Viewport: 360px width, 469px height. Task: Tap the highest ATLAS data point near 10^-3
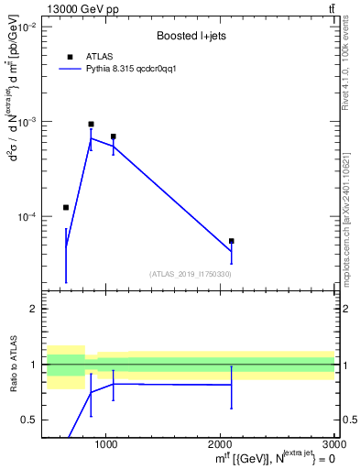(91, 124)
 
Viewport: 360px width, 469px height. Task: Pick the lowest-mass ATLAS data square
(66, 207)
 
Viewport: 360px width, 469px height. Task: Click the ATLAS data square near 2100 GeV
(232, 241)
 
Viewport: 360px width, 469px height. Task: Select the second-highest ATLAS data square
(113, 136)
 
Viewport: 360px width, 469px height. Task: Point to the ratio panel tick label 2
(33, 309)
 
